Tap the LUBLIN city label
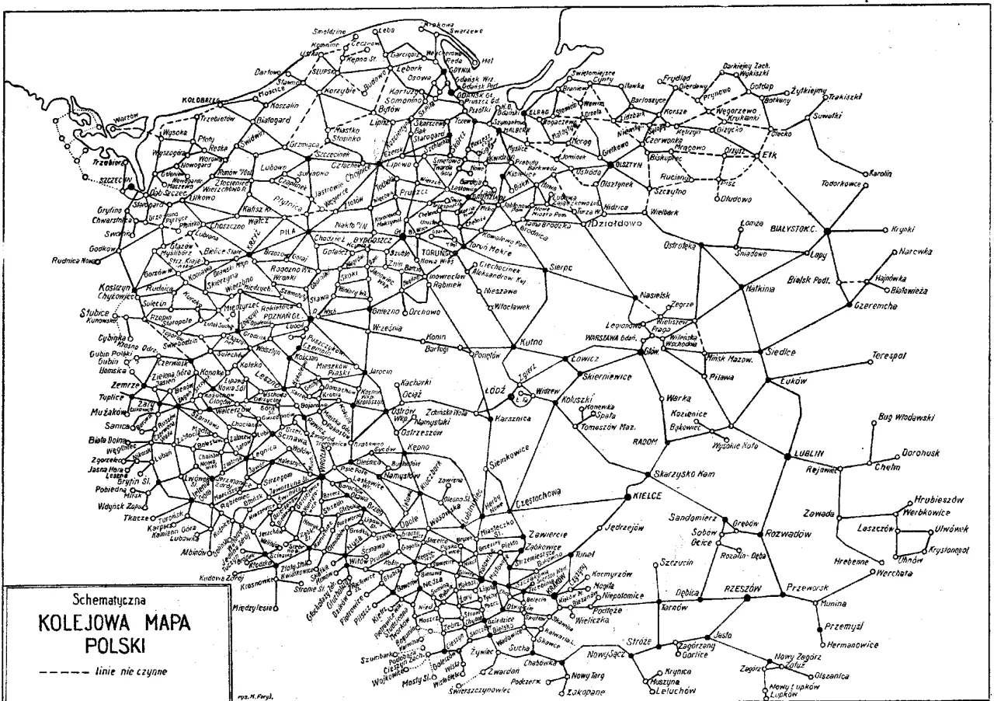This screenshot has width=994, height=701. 808,452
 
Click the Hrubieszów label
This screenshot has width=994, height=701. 938,500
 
